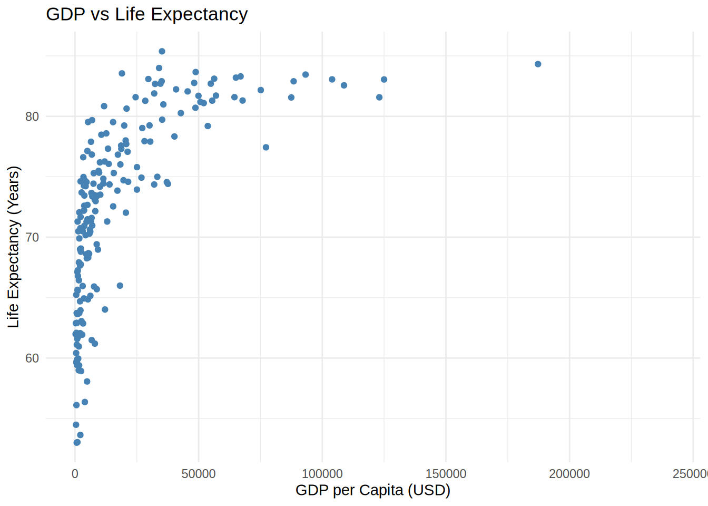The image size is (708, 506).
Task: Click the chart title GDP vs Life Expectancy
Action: click(146, 14)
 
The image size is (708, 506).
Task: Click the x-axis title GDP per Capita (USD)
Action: click(372, 490)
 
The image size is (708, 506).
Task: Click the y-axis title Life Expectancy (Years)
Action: click(13, 247)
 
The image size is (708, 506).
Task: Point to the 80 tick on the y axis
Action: click(32, 116)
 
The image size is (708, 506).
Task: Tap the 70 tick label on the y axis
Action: click(32, 237)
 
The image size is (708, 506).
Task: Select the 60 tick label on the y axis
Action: click(32, 358)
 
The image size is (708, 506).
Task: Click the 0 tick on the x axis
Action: click(75, 474)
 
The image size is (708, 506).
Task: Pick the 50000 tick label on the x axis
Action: click(199, 474)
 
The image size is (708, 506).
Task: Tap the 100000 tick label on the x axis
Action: click(322, 474)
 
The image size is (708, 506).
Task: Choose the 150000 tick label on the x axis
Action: click(446, 474)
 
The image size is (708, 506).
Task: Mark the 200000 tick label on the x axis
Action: click(569, 474)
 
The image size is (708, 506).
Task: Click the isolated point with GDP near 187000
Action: click(538, 64)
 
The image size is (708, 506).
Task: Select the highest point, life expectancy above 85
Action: click(162, 52)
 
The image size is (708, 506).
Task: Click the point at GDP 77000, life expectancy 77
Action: click(266, 148)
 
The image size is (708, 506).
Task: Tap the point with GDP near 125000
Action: click(384, 80)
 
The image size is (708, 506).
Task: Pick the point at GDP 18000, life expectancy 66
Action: click(120, 286)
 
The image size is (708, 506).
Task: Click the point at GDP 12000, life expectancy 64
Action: click(105, 309)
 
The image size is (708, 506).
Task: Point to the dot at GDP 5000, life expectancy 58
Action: click(87, 382)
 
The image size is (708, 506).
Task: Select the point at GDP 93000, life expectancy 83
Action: click(306, 75)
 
